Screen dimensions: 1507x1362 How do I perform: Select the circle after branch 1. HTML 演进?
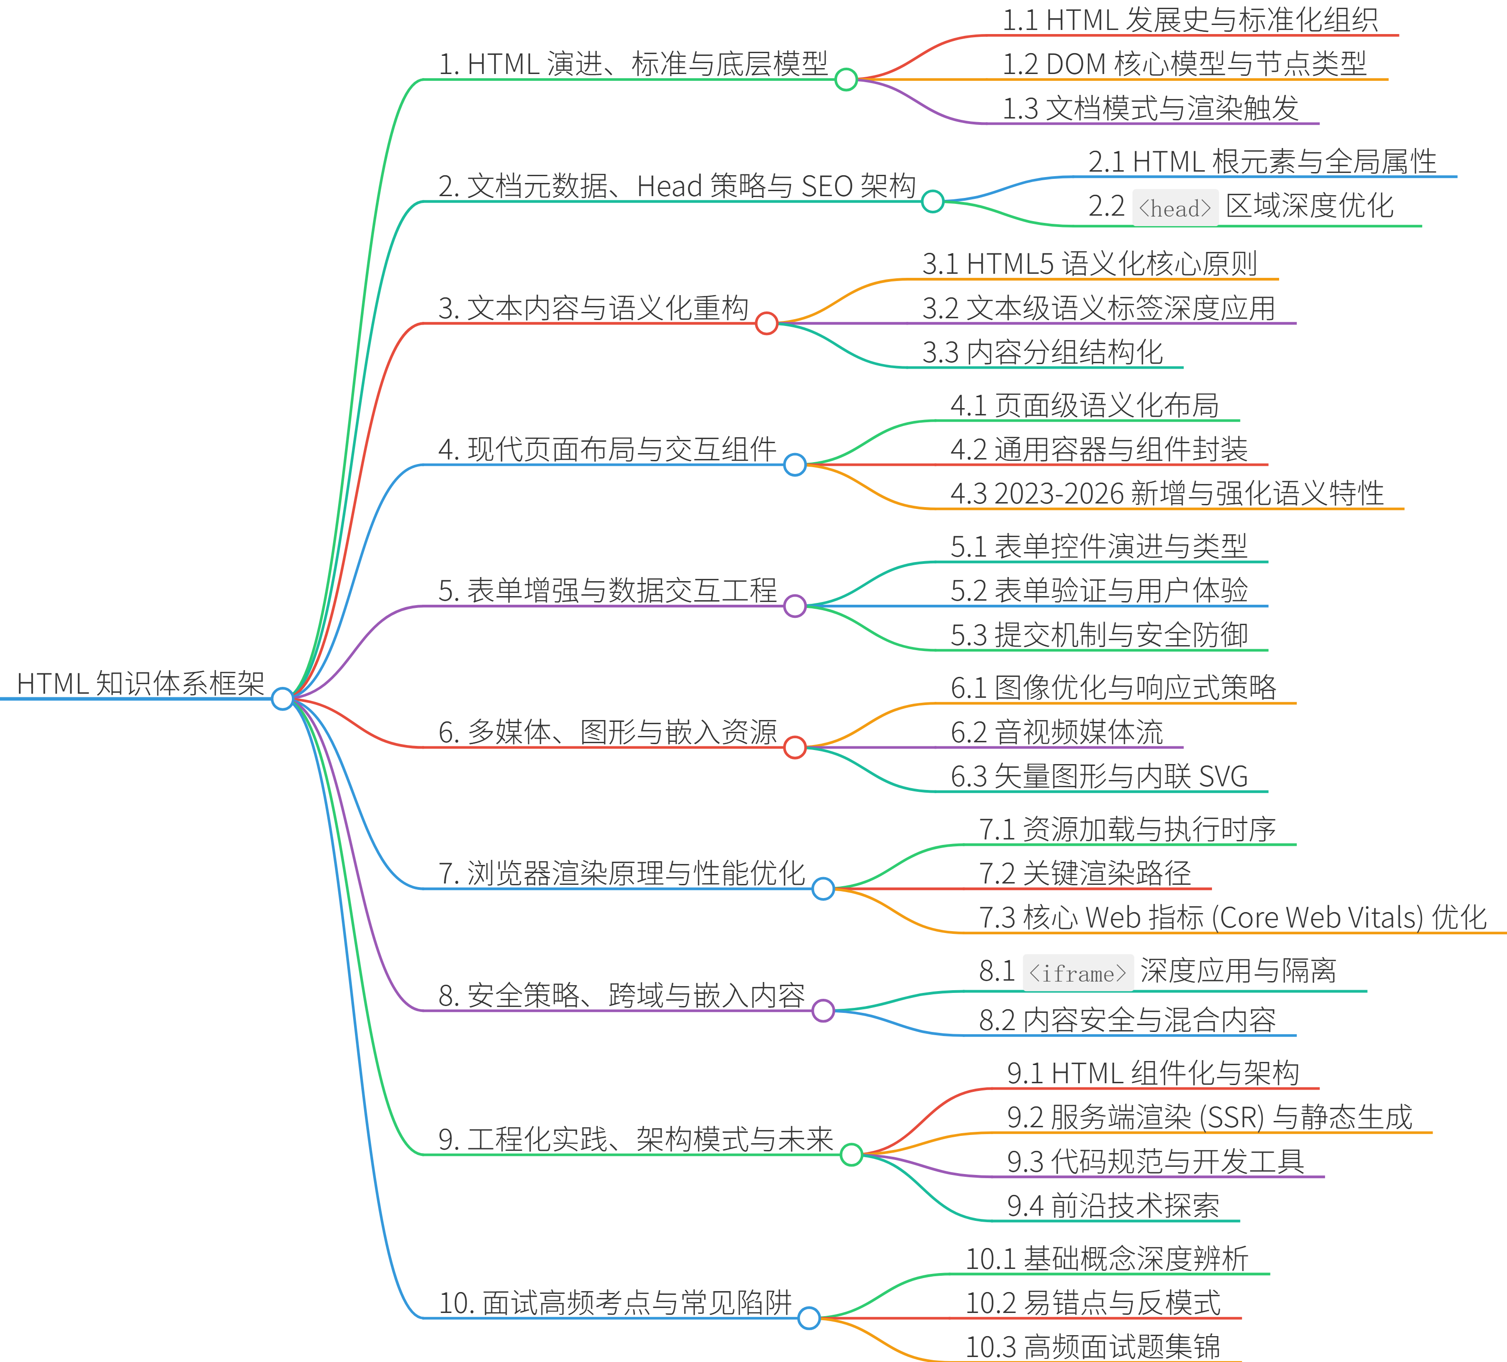pyautogui.click(x=846, y=79)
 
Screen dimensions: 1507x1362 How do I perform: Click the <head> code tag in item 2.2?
pyautogui.click(x=1175, y=208)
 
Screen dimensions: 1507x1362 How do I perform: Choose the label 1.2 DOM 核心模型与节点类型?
pyautogui.click(x=1184, y=64)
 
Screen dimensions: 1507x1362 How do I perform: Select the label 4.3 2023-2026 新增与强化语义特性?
pyautogui.click(x=1167, y=493)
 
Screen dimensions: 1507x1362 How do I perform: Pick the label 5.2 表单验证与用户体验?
pyautogui.click(x=1099, y=591)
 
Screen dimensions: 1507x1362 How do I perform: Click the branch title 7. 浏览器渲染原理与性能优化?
pyautogui.click(x=621, y=873)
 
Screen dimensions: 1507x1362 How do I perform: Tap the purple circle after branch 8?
pyautogui.click(x=823, y=1011)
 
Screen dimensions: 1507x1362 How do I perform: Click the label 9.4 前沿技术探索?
pyautogui.click(x=1113, y=1205)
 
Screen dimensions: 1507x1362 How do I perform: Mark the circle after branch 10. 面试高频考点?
pyautogui.click(x=809, y=1318)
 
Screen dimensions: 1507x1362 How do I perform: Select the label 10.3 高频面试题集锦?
pyautogui.click(x=1093, y=1346)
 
